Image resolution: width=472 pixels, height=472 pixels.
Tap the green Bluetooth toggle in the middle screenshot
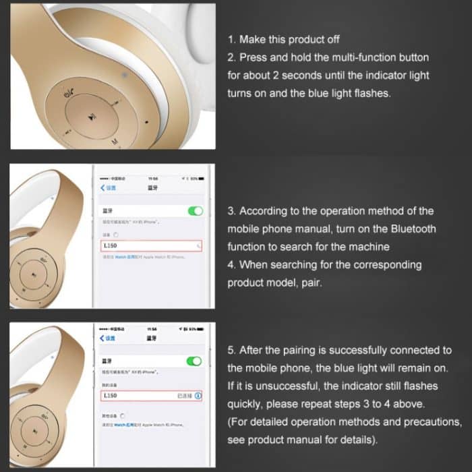(195, 211)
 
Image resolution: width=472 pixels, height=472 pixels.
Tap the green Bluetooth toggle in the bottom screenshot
(195, 361)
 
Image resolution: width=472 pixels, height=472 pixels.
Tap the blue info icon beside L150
(198, 395)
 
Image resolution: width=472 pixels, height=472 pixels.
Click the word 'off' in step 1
(331, 40)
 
